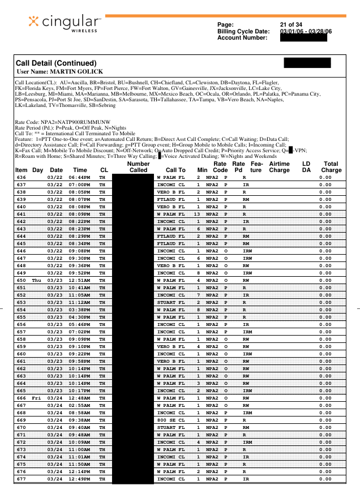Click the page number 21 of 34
coord(291,24)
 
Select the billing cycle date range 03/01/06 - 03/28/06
coord(306,31)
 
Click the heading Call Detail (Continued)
coord(57,63)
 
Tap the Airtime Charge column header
coord(279,166)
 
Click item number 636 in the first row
coord(22,178)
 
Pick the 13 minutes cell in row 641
coord(198,214)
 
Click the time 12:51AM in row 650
coord(80,280)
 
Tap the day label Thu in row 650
coord(37,280)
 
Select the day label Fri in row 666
coord(37,399)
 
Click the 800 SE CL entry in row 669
coord(171,420)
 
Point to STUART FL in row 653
coord(171,302)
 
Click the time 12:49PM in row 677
coord(80,479)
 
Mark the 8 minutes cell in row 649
coord(199,273)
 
